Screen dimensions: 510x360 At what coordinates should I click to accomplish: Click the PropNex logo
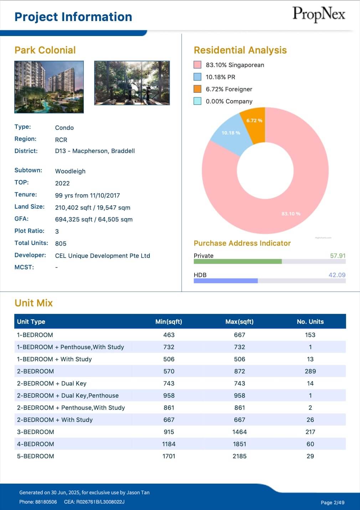(319, 15)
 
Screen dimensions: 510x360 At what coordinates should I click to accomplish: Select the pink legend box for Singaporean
(197, 65)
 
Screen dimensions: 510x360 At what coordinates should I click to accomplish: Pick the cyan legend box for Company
(197, 101)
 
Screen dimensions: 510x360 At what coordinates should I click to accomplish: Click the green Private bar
(237, 261)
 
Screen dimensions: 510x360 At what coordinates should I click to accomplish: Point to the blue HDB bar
(225, 281)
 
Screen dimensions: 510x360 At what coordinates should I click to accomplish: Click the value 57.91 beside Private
(338, 256)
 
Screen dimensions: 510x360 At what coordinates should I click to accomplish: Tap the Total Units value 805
(61, 244)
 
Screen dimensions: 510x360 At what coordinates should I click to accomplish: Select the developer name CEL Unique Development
(102, 256)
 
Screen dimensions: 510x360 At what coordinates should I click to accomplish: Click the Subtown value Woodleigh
(70, 171)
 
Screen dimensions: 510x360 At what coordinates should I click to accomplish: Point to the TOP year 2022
(62, 183)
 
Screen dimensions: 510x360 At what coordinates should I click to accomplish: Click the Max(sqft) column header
(240, 322)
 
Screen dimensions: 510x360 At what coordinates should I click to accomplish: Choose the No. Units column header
(310, 322)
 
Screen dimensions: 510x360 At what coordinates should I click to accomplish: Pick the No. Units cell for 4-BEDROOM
(310, 444)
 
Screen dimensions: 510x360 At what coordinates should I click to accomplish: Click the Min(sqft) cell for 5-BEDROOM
(169, 456)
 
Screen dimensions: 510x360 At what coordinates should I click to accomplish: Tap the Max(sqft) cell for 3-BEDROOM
(240, 432)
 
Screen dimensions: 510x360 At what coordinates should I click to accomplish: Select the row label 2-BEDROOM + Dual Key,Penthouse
(68, 396)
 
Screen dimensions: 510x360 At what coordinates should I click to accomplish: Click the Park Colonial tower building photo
(49, 87)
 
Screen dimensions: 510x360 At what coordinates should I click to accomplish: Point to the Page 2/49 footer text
(332, 503)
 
